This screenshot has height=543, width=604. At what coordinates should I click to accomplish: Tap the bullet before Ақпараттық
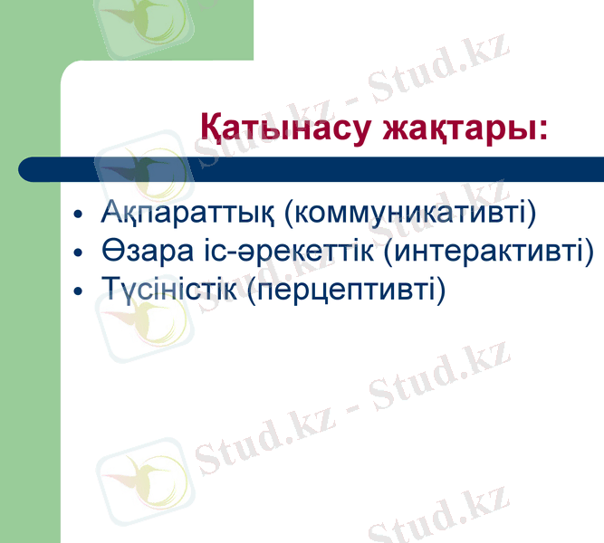(79, 216)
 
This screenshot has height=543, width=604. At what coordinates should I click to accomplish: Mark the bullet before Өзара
(79, 254)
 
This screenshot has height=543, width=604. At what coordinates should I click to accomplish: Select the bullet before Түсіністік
(79, 291)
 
